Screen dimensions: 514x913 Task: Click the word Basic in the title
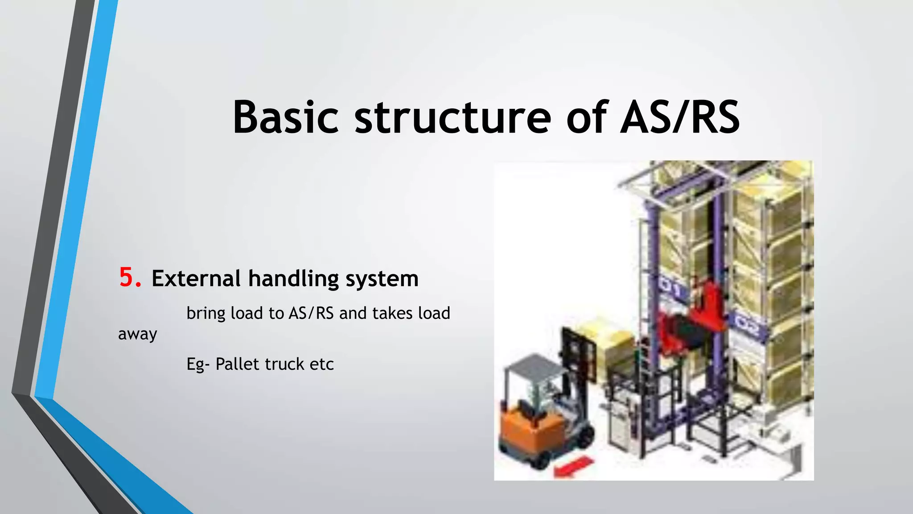click(285, 117)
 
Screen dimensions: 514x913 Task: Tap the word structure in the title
click(452, 117)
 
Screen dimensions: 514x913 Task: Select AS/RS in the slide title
click(680, 117)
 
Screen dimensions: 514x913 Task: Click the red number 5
click(129, 277)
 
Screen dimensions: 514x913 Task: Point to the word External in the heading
click(196, 278)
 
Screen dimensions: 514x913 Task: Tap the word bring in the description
click(206, 313)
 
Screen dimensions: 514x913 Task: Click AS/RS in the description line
click(311, 313)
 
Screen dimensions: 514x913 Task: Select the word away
click(137, 334)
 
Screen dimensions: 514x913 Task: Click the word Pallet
click(237, 364)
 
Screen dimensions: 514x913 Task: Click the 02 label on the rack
click(746, 326)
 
